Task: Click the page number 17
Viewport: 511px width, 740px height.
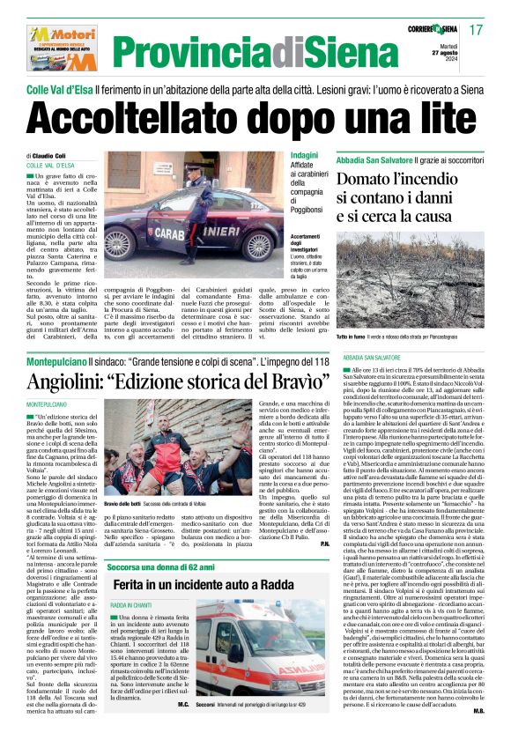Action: point(477,29)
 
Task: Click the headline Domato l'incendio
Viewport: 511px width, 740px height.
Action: point(395,181)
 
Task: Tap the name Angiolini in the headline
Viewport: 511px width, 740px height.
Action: point(75,384)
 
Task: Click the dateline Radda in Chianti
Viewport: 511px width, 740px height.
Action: point(132,606)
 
